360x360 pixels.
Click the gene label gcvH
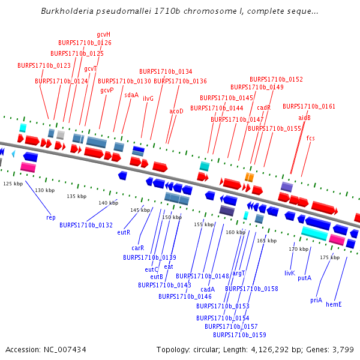(x=103, y=34)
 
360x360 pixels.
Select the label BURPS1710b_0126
(x=85, y=43)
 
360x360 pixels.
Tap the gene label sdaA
(x=131, y=95)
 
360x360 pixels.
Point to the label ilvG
(x=148, y=98)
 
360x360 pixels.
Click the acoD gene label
(x=176, y=112)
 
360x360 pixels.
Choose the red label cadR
(x=264, y=108)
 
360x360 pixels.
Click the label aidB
(x=304, y=118)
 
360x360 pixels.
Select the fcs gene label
(x=310, y=139)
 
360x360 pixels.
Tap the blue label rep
(x=51, y=217)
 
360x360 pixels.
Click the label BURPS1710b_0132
(x=86, y=225)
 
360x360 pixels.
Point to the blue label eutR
(x=124, y=232)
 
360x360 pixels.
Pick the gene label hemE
(x=334, y=304)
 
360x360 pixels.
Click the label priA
(x=316, y=300)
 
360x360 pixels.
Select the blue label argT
(x=239, y=273)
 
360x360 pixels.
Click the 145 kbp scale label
(x=140, y=210)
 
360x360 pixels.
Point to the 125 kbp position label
(x=13, y=184)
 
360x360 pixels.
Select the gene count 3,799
(x=344, y=349)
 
